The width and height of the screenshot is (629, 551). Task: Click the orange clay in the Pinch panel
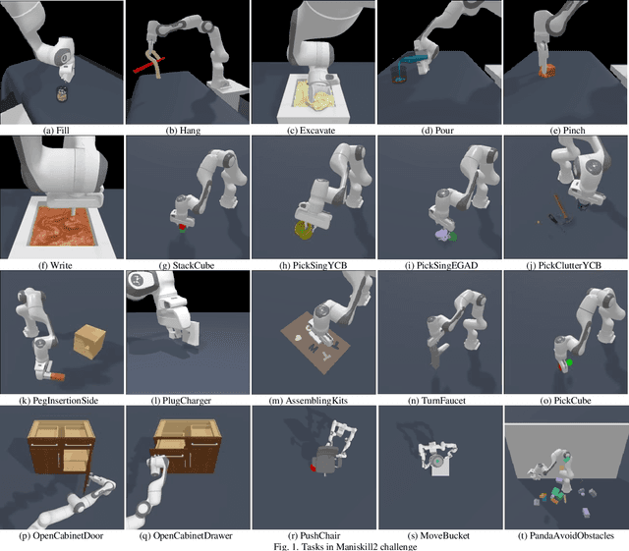(546, 72)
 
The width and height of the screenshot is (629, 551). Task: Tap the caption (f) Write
(61, 264)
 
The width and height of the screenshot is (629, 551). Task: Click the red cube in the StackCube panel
(181, 226)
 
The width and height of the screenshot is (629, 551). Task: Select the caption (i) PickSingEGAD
(438, 264)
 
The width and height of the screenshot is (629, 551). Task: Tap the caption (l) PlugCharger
(187, 400)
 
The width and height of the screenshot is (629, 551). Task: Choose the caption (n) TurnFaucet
(438, 400)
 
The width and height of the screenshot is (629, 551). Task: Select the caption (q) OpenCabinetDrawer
(187, 535)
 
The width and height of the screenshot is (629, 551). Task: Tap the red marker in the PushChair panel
(314, 468)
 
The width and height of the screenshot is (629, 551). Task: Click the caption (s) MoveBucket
(438, 535)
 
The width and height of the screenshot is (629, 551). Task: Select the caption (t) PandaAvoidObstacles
(564, 535)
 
